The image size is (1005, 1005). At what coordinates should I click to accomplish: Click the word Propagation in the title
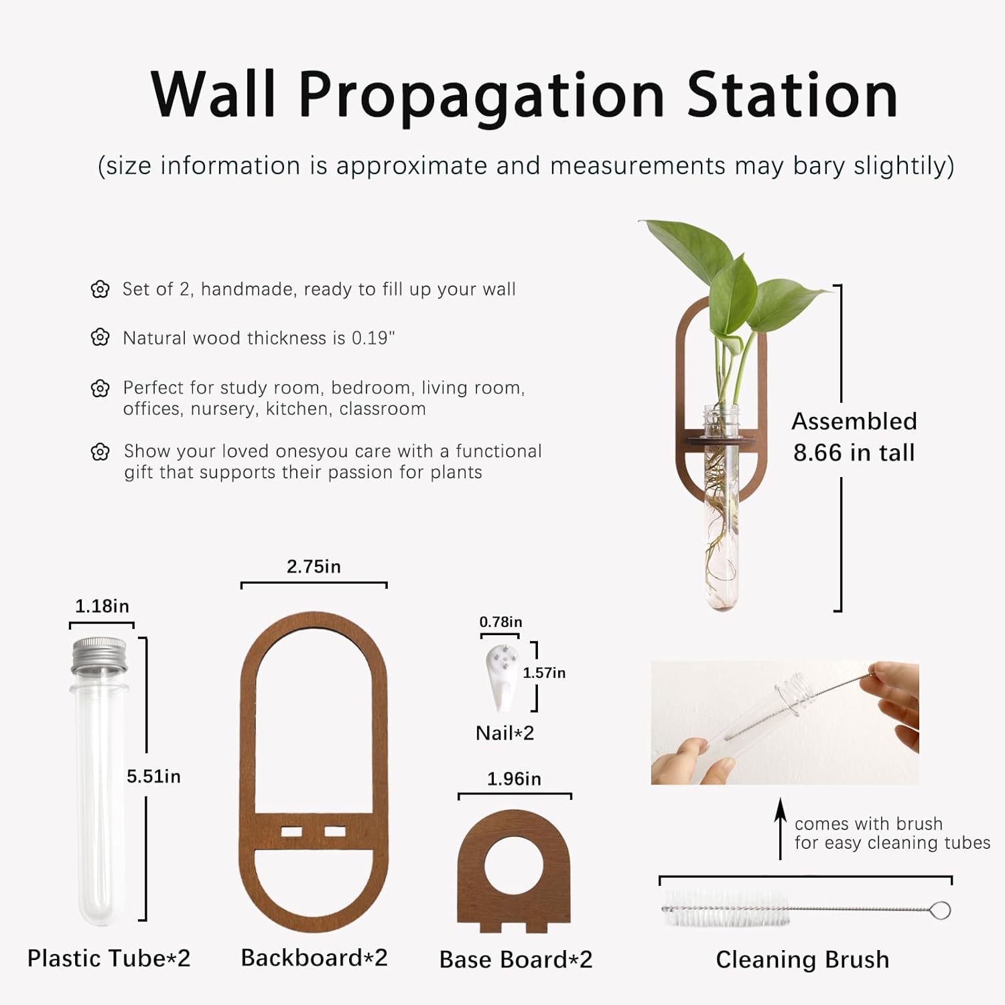481,96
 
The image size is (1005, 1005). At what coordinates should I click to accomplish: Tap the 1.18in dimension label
102,606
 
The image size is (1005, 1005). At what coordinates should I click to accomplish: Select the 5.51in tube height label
153,777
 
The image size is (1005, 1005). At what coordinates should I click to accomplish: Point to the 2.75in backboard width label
314,567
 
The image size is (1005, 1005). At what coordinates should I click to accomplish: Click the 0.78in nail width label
500,622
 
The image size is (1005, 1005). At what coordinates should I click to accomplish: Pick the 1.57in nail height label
544,673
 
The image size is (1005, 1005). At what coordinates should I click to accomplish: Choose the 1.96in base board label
514,779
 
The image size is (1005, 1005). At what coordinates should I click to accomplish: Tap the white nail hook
501,677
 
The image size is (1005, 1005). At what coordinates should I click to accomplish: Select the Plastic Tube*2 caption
109,959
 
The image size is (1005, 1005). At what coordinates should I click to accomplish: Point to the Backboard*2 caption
314,958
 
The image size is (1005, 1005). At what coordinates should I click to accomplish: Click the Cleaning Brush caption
802,959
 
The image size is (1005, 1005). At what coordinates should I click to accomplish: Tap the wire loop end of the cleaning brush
940,911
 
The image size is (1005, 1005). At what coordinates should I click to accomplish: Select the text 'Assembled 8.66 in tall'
854,437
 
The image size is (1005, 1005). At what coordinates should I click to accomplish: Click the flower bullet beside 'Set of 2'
100,289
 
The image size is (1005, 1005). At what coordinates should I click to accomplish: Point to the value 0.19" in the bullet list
373,338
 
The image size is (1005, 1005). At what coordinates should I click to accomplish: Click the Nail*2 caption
505,733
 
